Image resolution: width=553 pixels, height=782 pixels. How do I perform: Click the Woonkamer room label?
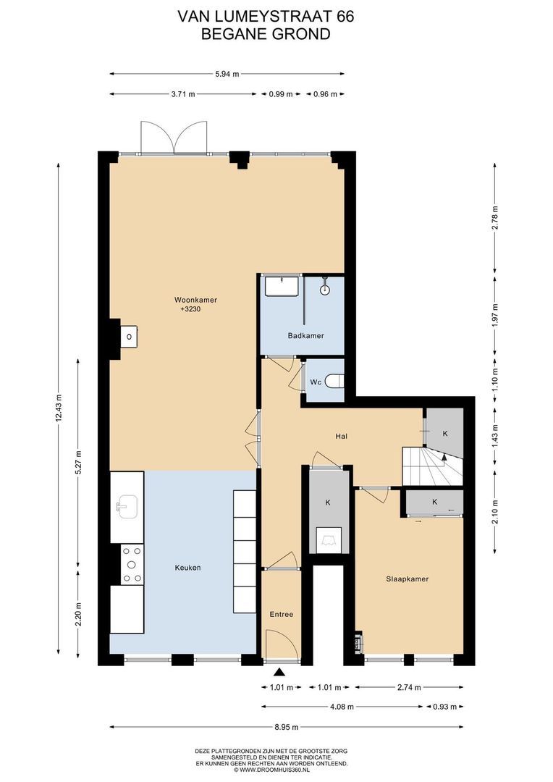coord(195,300)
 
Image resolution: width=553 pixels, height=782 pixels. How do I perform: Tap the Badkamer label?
coord(305,336)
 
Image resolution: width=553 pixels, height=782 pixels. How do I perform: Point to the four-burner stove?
coord(132,565)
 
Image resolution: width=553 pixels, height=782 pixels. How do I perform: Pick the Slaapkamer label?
coord(408,579)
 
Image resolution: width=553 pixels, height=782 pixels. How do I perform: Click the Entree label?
coord(282,615)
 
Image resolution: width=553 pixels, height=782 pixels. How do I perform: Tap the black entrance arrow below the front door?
coord(278,672)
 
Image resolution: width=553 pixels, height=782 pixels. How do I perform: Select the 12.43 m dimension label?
coord(59,408)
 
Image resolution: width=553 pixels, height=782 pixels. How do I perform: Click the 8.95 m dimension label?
coord(286,727)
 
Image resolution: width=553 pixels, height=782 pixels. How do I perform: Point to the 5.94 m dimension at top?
coord(227,75)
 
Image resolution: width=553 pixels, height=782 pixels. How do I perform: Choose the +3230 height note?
coord(190,309)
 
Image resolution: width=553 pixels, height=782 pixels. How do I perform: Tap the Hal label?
coord(341,437)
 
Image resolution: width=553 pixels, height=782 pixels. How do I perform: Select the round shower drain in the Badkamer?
coord(325,288)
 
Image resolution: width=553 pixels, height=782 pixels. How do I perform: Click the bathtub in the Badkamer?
coord(282,286)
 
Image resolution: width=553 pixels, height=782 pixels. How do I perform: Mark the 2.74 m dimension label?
coord(409,687)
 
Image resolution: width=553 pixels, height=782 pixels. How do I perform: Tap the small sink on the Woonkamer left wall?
coord(130,337)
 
